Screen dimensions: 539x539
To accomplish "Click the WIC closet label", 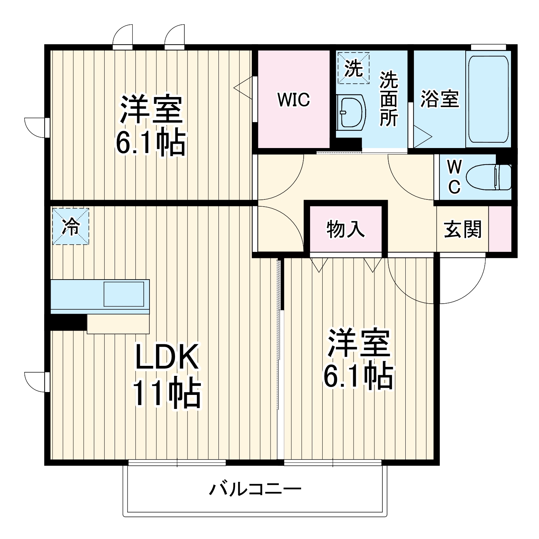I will point(294,100).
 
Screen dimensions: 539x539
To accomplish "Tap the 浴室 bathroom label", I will point(440,99).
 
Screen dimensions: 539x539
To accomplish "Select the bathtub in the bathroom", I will point(488,99).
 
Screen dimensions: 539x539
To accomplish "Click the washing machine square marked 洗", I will point(353,68).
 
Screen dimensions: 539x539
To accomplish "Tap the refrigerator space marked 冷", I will point(70,227).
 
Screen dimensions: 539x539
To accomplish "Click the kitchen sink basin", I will point(124,294).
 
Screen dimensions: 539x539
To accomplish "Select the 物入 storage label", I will point(346,229).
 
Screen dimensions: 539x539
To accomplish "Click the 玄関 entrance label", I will point(462,229).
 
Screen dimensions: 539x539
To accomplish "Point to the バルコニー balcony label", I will point(255,489).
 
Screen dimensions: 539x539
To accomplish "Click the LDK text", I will point(166,357).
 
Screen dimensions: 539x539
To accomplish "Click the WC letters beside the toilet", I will point(454,177).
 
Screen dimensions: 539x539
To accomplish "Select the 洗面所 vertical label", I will point(389,99).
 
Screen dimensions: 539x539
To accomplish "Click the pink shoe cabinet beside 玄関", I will point(500,229).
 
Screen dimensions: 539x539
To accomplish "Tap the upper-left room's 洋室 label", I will point(151,109).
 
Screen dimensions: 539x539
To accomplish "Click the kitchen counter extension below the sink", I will point(118,324).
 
